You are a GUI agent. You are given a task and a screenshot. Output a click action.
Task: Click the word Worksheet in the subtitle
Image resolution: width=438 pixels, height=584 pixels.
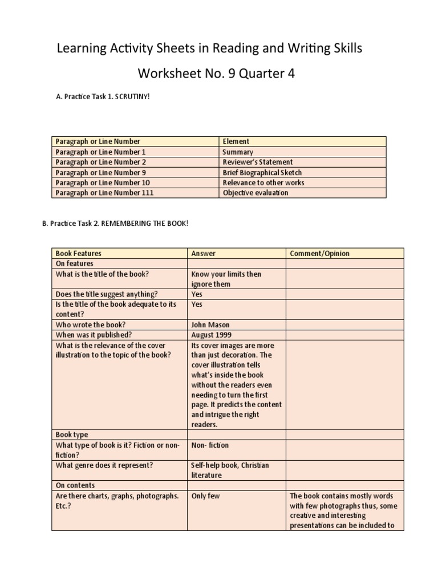(x=165, y=74)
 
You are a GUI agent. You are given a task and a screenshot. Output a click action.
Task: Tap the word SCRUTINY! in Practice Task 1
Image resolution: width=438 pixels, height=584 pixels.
(x=132, y=97)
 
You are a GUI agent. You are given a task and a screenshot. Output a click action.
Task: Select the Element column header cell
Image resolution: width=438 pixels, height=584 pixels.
(x=236, y=141)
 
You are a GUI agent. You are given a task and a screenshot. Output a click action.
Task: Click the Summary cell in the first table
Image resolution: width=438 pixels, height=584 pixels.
(x=238, y=152)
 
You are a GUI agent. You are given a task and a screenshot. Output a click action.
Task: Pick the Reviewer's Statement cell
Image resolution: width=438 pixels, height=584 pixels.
(x=257, y=162)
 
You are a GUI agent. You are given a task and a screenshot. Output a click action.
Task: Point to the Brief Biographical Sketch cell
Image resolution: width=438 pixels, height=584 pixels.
(x=262, y=172)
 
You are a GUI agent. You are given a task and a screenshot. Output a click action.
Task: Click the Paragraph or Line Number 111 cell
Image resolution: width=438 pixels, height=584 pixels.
(x=104, y=193)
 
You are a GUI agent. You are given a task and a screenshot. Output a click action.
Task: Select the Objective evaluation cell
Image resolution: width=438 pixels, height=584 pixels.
(x=255, y=193)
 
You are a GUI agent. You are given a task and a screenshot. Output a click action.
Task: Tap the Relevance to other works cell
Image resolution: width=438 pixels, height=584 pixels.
(x=263, y=182)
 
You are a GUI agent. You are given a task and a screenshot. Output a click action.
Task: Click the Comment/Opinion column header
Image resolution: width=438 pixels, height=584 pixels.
(x=320, y=253)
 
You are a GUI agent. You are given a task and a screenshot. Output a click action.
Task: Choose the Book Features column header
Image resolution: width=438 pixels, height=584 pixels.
(x=79, y=253)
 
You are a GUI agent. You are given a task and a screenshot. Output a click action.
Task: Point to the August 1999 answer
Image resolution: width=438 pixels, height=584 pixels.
(x=212, y=335)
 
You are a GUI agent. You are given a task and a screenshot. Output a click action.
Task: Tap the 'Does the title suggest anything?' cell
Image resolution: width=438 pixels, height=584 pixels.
(x=107, y=294)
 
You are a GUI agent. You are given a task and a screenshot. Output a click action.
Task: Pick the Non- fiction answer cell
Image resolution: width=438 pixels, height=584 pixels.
(x=210, y=445)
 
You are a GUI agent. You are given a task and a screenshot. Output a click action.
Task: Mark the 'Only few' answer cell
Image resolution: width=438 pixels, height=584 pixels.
(x=206, y=496)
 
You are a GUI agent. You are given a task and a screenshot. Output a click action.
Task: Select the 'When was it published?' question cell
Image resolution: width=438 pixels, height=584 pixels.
(x=94, y=335)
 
